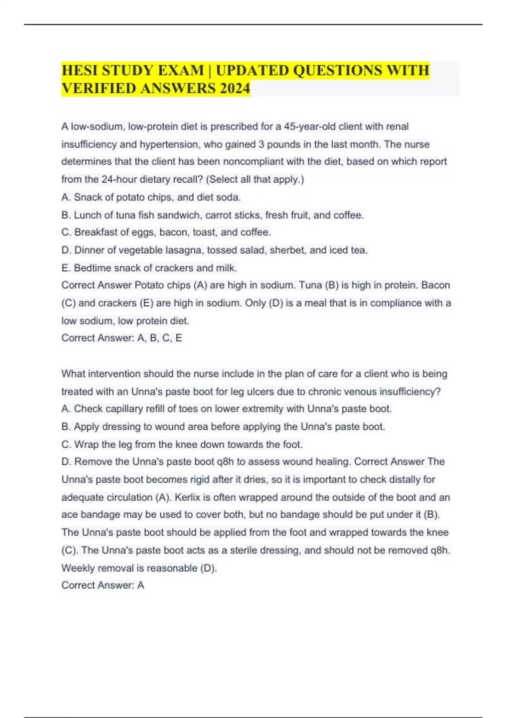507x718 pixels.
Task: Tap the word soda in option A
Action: [x=231, y=197]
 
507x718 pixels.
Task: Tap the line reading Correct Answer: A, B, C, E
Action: [x=122, y=338]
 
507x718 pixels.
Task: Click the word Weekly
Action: [x=78, y=568]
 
